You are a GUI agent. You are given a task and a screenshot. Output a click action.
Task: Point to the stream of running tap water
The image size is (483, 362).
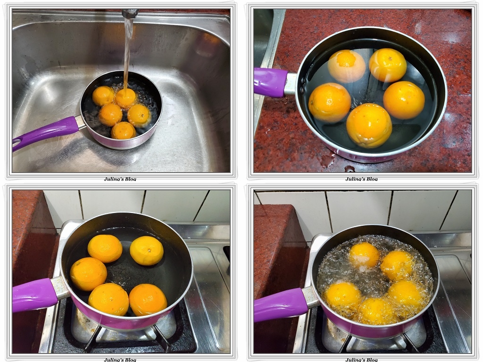[x=128, y=52]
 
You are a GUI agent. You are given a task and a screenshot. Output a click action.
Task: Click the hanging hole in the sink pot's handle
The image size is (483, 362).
[x=18, y=142]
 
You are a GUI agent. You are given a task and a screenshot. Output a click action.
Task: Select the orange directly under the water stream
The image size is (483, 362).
[x=125, y=98]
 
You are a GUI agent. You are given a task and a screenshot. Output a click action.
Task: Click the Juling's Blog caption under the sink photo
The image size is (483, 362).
[x=120, y=179]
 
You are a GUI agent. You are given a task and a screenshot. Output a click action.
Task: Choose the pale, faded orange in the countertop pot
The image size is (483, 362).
[x=346, y=66]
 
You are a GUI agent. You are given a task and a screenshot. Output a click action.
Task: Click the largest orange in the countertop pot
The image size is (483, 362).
[x=369, y=125]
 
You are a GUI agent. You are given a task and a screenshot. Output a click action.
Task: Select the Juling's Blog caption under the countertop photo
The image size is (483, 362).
[x=361, y=179]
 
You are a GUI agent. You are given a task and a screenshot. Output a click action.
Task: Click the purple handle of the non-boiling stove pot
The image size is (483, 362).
[x=34, y=295]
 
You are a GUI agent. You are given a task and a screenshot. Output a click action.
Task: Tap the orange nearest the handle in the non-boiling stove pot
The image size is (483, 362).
[x=88, y=274]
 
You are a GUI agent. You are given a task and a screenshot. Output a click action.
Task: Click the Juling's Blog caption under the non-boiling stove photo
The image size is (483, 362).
[x=120, y=360]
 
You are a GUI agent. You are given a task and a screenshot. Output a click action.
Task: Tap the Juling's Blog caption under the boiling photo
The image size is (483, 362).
[x=361, y=360]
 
